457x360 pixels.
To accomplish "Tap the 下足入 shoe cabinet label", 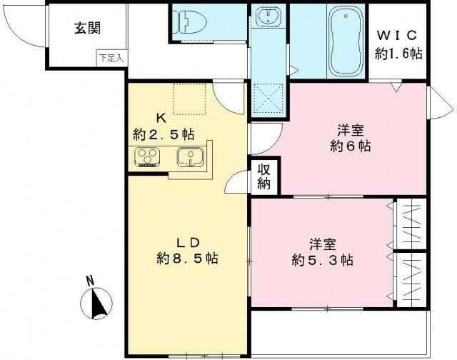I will point(110,57).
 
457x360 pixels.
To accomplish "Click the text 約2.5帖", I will point(164,134).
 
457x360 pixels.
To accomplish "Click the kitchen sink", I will point(191,156).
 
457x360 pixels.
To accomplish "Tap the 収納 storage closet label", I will point(265,177).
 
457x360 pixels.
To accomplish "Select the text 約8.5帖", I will point(187,258).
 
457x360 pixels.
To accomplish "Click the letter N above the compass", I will point(90,281).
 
